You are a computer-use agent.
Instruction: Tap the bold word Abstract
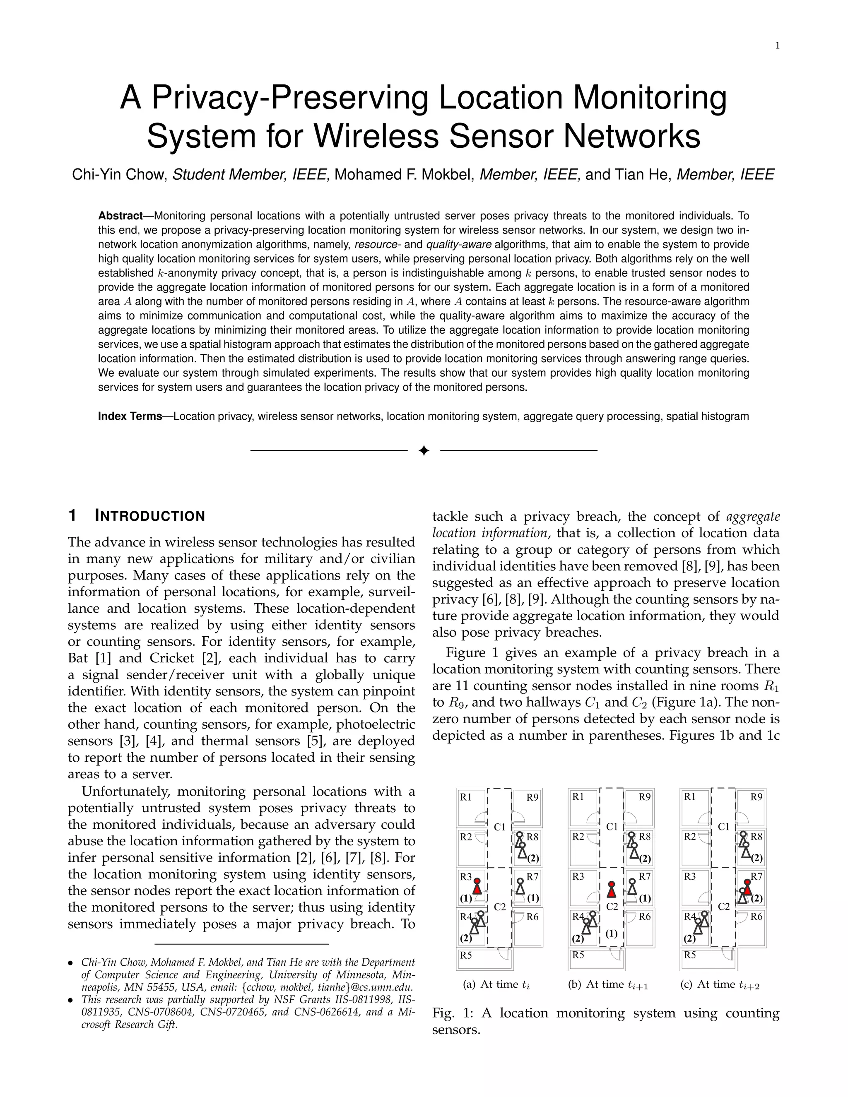pyautogui.click(x=120, y=216)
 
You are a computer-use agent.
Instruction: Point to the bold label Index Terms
pyautogui.click(x=130, y=416)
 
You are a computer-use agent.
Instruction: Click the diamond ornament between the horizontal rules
pyautogui.click(x=424, y=450)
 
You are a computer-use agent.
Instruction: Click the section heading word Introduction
pyautogui.click(x=150, y=516)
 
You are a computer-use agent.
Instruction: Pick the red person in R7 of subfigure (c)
pyautogui.click(x=747, y=889)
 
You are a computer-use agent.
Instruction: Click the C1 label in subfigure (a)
pyautogui.click(x=499, y=826)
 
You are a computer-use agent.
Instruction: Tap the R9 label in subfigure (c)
pyautogui.click(x=756, y=796)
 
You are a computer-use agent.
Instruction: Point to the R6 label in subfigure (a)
pyautogui.click(x=532, y=917)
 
